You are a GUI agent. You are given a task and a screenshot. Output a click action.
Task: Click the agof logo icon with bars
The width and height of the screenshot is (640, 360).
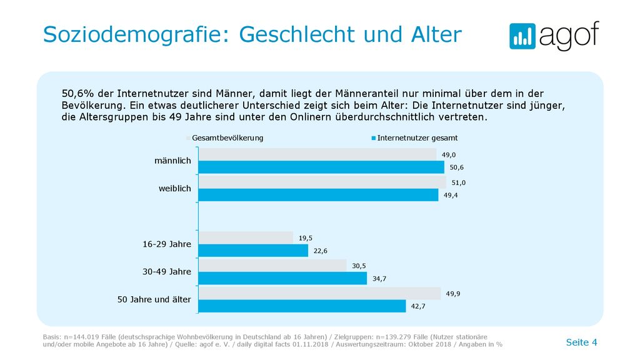coord(522,36)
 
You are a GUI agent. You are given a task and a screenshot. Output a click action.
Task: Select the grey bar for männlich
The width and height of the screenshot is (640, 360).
coord(317,154)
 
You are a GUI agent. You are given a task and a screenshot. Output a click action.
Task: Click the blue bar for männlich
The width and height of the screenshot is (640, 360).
coord(322,167)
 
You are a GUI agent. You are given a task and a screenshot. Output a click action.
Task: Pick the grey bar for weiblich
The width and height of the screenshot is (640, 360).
coord(322,182)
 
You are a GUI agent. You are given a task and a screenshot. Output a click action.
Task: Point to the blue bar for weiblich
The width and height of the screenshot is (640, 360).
coord(318,195)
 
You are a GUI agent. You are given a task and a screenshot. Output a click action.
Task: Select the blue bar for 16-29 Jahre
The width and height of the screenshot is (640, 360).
coord(254,251)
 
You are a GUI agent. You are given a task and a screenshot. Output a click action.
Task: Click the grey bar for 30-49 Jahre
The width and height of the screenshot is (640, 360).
coord(272,266)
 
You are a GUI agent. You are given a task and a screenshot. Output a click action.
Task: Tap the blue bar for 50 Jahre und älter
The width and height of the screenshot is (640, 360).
coord(302,306)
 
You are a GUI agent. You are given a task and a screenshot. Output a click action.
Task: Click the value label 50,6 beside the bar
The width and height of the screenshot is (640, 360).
coord(457,167)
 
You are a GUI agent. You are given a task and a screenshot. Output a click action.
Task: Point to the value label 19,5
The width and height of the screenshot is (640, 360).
coord(305,238)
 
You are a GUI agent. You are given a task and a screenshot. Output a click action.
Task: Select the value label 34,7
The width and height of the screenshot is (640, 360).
coord(379,279)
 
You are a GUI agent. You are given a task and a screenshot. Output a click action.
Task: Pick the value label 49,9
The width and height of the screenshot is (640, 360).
coord(453,294)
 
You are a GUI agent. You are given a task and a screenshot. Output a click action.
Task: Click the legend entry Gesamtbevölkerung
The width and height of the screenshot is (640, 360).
coord(225,138)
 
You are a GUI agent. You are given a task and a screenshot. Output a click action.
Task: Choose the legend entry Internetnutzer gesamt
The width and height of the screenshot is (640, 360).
coord(415,138)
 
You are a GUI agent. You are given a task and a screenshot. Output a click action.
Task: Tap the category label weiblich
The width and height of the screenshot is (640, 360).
coord(175,189)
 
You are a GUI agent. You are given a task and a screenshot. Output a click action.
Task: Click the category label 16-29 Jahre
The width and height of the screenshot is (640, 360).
coord(166,244)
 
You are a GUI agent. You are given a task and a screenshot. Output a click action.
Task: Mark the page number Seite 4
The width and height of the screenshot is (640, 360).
coord(582,342)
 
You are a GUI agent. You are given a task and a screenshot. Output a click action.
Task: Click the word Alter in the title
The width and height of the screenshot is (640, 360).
coord(436,34)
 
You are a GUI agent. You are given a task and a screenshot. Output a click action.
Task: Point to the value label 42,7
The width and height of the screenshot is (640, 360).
coord(418,306)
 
